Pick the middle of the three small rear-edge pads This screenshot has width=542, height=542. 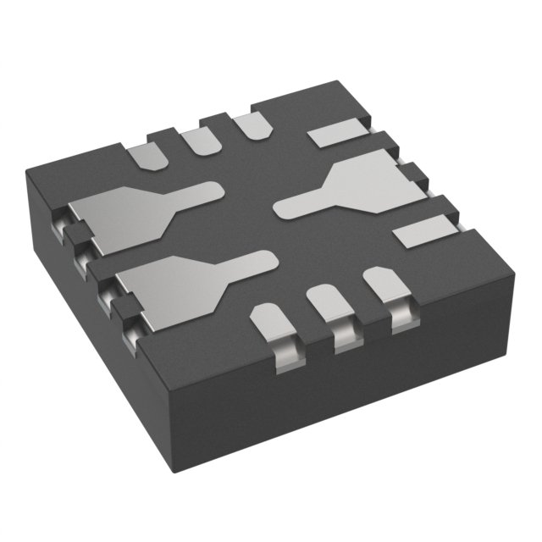200,139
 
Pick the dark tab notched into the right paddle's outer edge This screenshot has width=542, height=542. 412,174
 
